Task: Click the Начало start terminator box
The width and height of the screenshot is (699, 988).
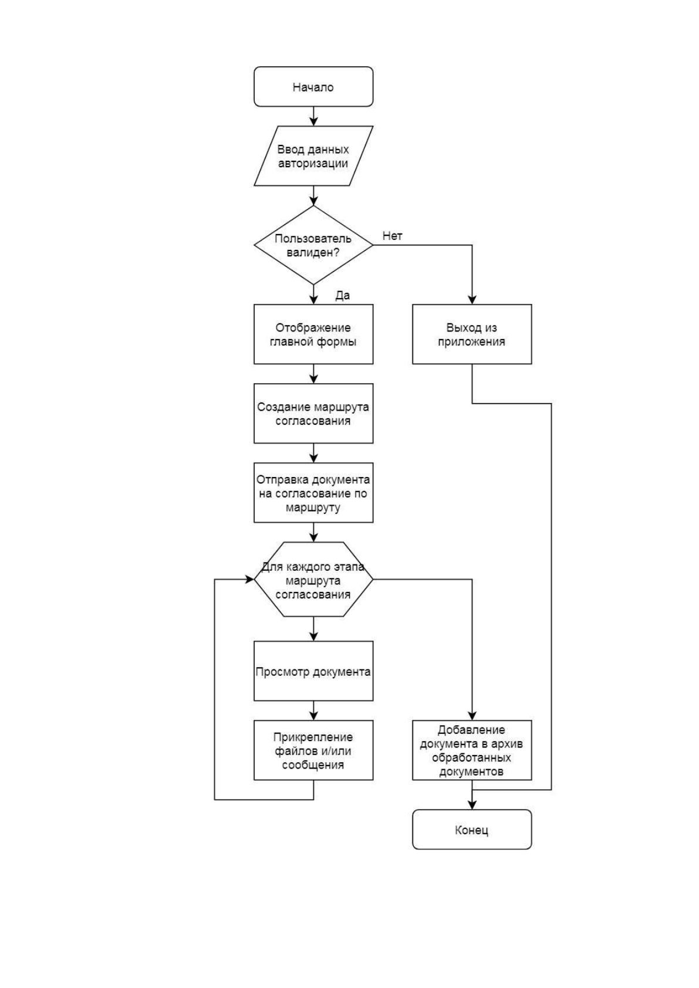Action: (313, 86)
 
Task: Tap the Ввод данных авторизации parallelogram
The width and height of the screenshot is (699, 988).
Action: (313, 155)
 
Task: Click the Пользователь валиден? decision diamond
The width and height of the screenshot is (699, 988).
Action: (313, 245)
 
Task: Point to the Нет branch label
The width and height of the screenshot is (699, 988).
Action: (392, 236)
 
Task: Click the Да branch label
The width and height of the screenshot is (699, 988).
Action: (342, 296)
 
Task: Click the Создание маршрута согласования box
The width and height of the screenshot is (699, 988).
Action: (313, 413)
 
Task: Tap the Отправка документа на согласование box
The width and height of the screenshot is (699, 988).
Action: (313, 493)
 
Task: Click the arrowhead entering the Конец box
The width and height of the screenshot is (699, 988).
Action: (472, 805)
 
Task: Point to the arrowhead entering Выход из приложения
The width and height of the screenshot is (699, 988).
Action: (472, 299)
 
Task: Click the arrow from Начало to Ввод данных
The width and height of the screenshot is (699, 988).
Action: (313, 116)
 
